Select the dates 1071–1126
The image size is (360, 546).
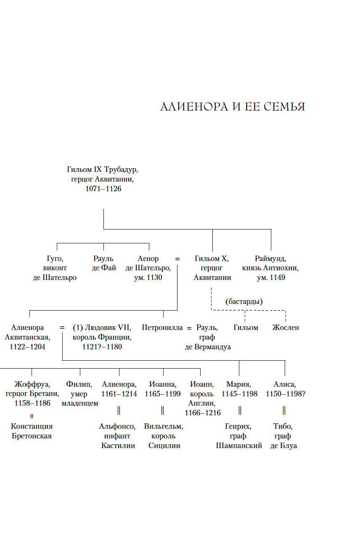click(103, 189)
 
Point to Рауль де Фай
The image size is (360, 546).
click(103, 263)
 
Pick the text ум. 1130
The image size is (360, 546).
click(148, 277)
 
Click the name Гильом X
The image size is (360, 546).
click(212, 258)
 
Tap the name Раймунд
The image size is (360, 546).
click(270, 258)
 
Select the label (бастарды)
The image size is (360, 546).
click(244, 301)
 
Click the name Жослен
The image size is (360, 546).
click(286, 327)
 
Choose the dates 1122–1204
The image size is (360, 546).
click(27, 347)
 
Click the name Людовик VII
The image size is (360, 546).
click(108, 327)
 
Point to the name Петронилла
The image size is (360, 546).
click(162, 327)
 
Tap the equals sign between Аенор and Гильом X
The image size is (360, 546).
click(177, 258)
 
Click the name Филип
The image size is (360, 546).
click(79, 384)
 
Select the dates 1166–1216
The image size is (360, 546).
click(203, 413)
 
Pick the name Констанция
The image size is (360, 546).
click(32, 426)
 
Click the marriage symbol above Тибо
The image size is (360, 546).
click(284, 410)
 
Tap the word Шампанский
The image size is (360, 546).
click(239, 446)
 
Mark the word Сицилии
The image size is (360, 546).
click(164, 446)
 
